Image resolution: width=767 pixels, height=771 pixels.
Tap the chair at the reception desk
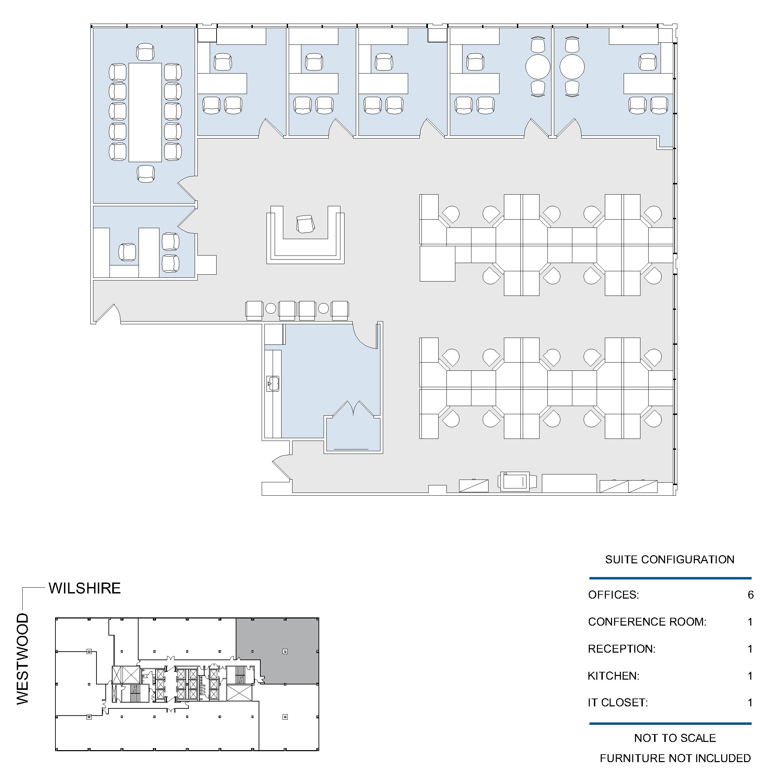[306, 223]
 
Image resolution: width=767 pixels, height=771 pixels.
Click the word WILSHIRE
[84, 588]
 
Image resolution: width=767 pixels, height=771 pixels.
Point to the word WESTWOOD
[23, 659]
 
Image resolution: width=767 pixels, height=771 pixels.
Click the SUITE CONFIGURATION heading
[669, 560]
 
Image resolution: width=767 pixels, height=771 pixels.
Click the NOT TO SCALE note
[675, 738]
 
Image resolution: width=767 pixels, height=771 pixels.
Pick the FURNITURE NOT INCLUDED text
[675, 758]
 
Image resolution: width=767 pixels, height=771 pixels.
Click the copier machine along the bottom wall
[515, 481]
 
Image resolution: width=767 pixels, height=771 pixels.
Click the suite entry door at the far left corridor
[108, 314]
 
